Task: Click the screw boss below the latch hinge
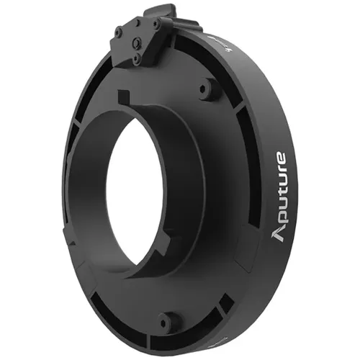pos(209,90)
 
